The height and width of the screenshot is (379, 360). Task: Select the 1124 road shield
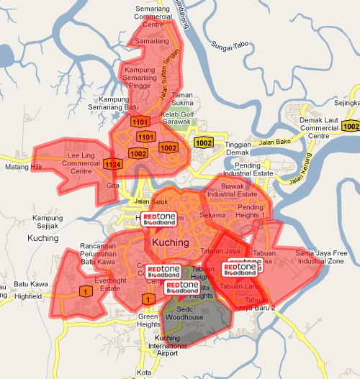tap(112, 165)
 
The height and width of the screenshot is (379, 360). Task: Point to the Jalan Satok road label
tap(150, 201)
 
